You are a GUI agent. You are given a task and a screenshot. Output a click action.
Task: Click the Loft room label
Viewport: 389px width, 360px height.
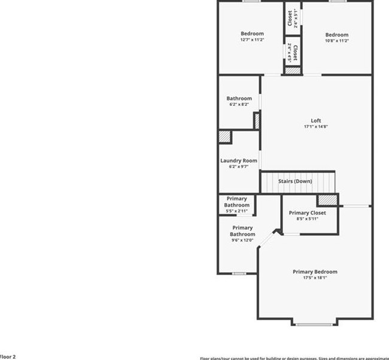(x=315, y=120)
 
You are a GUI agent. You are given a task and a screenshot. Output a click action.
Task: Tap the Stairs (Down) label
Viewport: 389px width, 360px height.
(x=294, y=181)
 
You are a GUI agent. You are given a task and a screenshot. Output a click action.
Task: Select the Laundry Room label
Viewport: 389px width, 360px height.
(x=239, y=160)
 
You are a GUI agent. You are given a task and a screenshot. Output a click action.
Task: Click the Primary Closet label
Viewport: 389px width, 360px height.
(x=307, y=213)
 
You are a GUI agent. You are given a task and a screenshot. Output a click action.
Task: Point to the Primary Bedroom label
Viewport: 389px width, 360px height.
(x=315, y=271)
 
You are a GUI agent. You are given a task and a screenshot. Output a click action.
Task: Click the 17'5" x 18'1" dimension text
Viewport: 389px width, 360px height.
(x=315, y=277)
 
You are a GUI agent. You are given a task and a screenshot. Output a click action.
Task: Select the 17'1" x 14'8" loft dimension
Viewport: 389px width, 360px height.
(x=315, y=126)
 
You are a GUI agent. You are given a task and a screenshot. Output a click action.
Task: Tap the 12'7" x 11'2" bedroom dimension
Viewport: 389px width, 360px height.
(x=252, y=39)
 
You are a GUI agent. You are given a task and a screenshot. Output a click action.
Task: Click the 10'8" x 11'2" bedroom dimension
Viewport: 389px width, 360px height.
(x=336, y=41)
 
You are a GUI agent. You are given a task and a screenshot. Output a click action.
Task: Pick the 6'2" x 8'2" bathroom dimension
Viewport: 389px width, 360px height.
(x=239, y=104)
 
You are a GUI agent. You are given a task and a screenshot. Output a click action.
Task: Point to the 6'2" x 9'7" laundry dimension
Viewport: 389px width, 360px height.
(x=239, y=167)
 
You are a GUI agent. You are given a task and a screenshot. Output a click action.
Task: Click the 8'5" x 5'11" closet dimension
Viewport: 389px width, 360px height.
(x=307, y=219)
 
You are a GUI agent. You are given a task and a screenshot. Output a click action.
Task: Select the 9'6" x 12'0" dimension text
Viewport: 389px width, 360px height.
(x=242, y=240)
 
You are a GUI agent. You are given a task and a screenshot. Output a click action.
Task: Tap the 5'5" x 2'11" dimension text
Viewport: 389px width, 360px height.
(x=236, y=211)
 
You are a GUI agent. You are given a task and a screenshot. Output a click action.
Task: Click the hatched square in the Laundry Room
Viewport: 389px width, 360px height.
(x=224, y=137)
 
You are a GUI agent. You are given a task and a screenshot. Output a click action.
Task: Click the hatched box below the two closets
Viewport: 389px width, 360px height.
(x=291, y=70)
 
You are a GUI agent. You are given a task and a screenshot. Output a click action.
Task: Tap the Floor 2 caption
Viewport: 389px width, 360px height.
(x=8, y=356)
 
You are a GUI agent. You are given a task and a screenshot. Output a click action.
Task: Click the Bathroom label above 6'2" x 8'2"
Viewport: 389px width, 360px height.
(x=239, y=98)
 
